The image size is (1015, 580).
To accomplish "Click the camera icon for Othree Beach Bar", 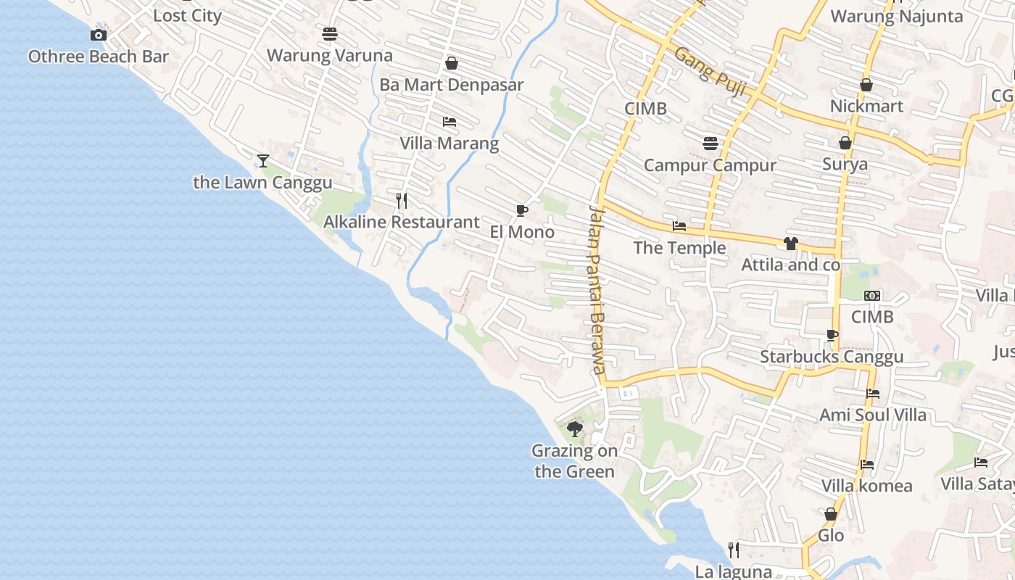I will click(99, 35).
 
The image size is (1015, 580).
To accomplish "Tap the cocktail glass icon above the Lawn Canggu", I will click(263, 160).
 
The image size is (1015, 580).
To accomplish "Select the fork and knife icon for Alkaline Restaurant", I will click(402, 200).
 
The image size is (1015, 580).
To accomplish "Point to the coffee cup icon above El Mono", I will click(521, 211).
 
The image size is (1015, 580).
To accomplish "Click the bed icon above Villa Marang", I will click(449, 121).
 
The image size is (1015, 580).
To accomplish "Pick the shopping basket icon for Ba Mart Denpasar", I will click(452, 63).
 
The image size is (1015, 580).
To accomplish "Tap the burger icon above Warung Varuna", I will click(330, 33).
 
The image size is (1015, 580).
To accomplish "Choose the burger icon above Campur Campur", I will click(710, 143).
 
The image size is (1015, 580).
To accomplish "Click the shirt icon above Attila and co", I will click(790, 244).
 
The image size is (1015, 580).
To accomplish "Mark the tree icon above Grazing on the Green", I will click(575, 429).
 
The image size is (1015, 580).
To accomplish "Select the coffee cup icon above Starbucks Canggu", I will click(832, 335).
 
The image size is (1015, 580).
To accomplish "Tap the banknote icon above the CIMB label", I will click(872, 296).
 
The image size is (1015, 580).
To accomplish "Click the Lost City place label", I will click(187, 15).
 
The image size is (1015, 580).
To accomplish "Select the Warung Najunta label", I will click(896, 16).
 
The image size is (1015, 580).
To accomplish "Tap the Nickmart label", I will click(866, 106).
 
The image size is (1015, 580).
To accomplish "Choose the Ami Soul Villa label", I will click(873, 415).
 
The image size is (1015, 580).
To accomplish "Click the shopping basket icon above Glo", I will click(831, 514).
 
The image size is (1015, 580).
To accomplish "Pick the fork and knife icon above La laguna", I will click(734, 550).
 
